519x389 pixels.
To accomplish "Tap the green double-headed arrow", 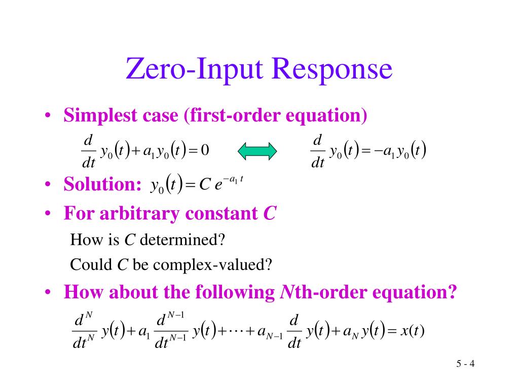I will [257, 151].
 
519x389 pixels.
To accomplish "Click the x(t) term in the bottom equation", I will [412, 332].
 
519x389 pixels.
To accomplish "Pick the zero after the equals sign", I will [205, 150].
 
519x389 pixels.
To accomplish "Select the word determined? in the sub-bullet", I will [182, 239].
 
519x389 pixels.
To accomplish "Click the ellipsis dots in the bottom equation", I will [236, 332].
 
